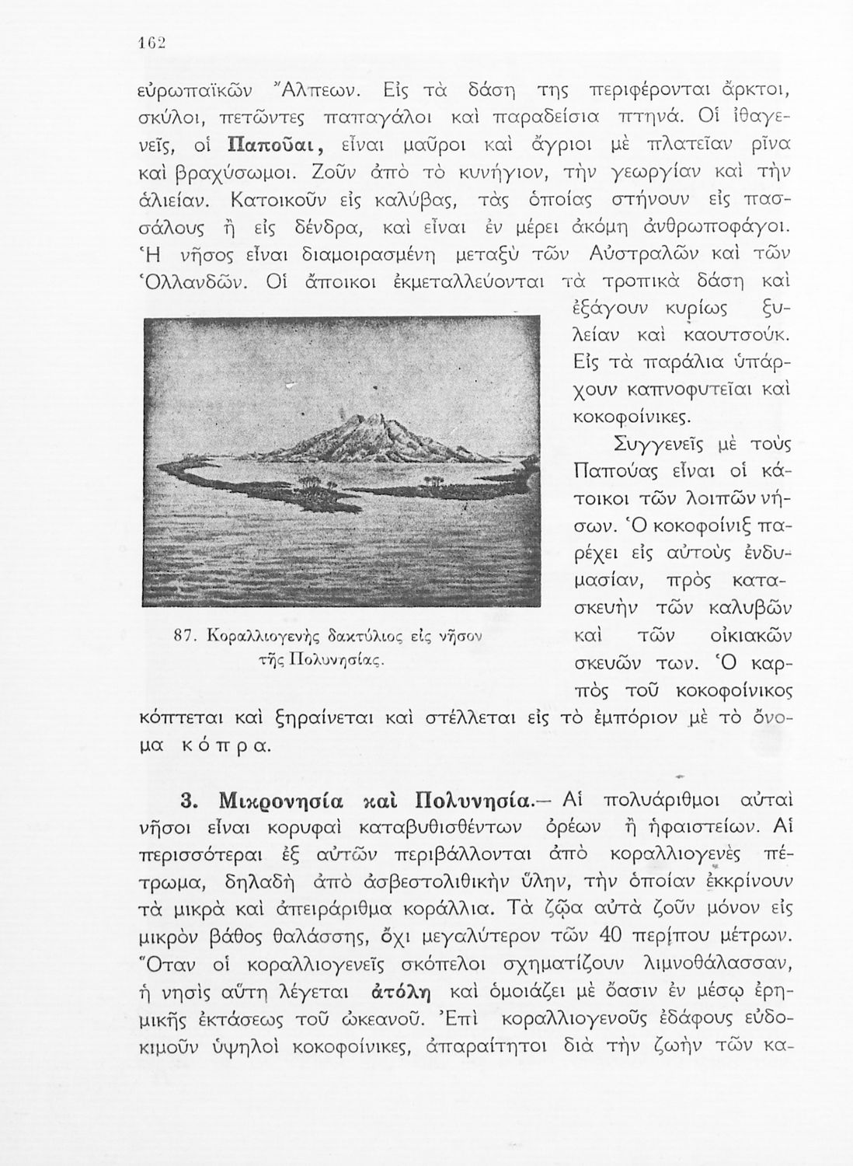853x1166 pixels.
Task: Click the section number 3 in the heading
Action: click(x=186, y=801)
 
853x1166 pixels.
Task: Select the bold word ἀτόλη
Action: click(x=402, y=992)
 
